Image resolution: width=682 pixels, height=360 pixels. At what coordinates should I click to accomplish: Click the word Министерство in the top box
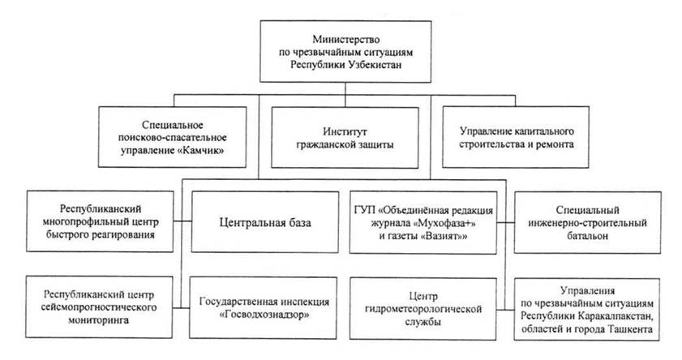pyautogui.click(x=345, y=40)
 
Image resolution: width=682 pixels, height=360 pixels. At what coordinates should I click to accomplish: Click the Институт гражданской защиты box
pyautogui.click(x=345, y=138)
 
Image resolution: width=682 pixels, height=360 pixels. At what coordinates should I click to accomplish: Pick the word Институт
pyautogui.click(x=345, y=131)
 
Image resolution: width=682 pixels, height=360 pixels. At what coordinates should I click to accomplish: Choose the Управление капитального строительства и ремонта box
pyautogui.click(x=516, y=137)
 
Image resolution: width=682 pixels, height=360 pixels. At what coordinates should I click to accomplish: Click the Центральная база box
pyautogui.click(x=265, y=222)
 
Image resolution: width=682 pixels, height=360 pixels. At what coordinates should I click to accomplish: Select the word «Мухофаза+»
pyautogui.click(x=445, y=224)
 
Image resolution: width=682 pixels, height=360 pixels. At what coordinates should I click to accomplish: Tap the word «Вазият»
pyautogui.click(x=444, y=236)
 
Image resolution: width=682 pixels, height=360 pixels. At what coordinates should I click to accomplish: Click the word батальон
pyautogui.click(x=587, y=236)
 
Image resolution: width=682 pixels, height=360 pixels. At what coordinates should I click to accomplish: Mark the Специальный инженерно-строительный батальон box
pyautogui.click(x=588, y=223)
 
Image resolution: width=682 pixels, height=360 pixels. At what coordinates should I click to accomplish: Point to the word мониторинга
pyautogui.click(x=98, y=320)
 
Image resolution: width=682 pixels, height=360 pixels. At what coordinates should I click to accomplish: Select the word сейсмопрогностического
pyautogui.click(x=99, y=307)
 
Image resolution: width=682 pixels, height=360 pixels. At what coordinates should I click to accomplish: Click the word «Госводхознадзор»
pyautogui.click(x=264, y=315)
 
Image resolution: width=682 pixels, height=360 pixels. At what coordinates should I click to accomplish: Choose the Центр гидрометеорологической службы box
pyautogui.click(x=422, y=309)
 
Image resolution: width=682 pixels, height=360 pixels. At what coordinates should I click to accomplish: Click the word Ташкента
pyautogui.click(x=633, y=329)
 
